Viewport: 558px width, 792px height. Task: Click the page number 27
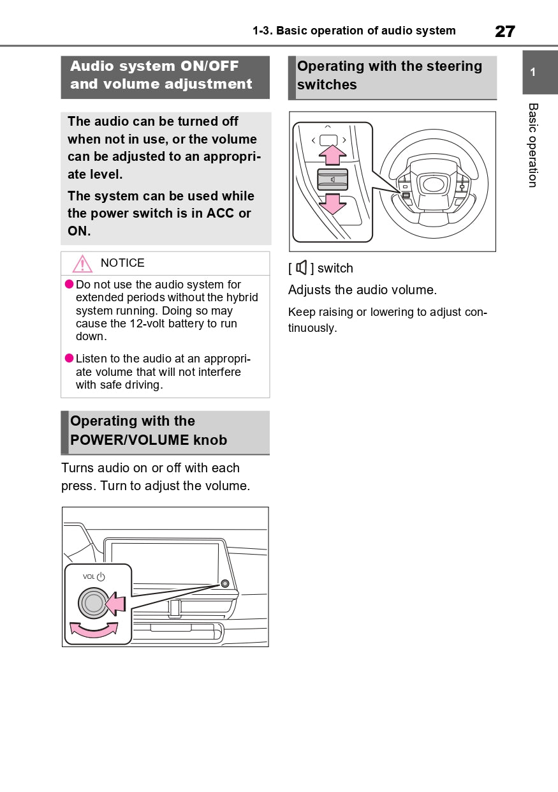click(x=504, y=31)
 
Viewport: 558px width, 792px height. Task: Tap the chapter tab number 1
click(x=533, y=72)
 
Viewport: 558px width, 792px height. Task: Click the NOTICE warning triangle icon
click(x=82, y=264)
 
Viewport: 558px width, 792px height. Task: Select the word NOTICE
click(x=122, y=263)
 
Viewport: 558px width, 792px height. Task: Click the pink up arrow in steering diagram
click(x=332, y=155)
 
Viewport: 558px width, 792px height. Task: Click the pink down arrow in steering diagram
click(x=332, y=203)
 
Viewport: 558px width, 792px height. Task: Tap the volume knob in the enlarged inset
click(x=93, y=603)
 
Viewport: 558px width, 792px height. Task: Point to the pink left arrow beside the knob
click(x=116, y=603)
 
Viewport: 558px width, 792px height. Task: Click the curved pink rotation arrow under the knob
click(x=94, y=631)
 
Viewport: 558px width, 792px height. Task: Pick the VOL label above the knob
click(x=89, y=577)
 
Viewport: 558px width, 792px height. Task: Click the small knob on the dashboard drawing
click(x=224, y=583)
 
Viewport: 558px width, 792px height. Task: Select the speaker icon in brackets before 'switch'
click(x=302, y=268)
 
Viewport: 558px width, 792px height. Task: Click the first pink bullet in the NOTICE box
click(x=70, y=284)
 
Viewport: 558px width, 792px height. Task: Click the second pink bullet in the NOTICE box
click(x=70, y=359)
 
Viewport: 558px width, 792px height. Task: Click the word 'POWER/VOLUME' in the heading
click(x=129, y=440)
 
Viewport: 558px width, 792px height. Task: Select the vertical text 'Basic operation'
click(x=533, y=145)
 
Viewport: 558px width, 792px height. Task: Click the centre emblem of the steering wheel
click(x=433, y=184)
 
